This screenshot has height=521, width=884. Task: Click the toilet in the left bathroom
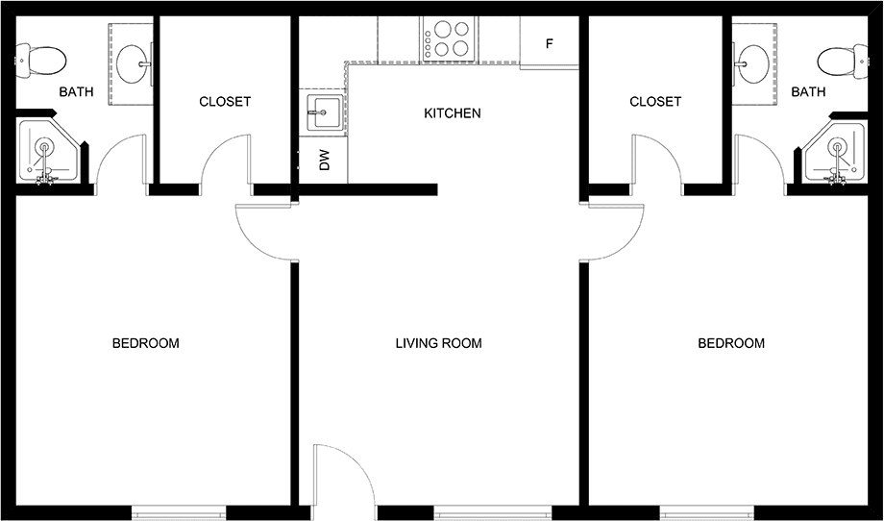click(40, 61)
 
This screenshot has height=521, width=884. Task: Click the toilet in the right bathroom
click(843, 61)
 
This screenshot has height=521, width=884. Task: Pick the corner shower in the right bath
click(833, 151)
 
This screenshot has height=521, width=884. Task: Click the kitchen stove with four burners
click(450, 38)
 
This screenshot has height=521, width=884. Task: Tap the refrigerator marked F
click(549, 43)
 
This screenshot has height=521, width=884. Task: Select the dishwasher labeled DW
click(323, 161)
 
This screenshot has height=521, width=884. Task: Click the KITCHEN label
click(453, 113)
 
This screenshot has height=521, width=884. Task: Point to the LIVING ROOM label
click(438, 343)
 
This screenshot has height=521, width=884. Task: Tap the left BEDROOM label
click(145, 343)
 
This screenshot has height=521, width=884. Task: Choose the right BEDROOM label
click(731, 343)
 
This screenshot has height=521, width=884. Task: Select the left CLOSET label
click(225, 102)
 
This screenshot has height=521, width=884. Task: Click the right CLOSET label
click(655, 102)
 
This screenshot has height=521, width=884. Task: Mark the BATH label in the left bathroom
click(76, 92)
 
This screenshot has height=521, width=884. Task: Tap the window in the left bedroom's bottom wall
click(179, 512)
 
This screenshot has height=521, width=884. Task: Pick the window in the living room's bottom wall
click(492, 512)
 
